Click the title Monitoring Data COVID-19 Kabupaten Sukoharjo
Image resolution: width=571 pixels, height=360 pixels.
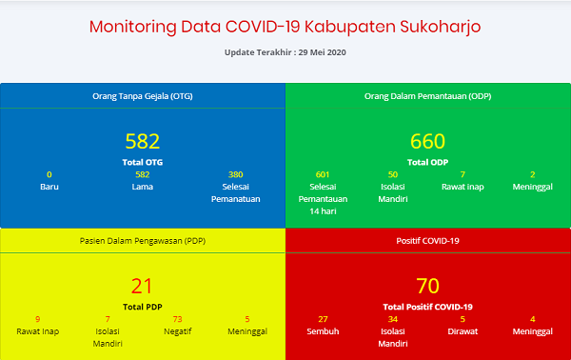[285, 26]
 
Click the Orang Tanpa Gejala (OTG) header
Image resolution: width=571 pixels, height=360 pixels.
[142, 95]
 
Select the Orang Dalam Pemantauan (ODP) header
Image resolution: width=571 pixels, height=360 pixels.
[427, 95]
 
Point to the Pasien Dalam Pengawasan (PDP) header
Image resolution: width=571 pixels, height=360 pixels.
[142, 241]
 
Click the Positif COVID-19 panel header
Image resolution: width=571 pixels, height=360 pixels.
[427, 241]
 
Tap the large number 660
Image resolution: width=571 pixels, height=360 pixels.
[427, 142]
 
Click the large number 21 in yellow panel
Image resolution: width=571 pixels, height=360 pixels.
[142, 286]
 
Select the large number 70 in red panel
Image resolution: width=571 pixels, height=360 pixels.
[427, 286]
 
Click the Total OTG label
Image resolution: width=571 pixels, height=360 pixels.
[142, 162]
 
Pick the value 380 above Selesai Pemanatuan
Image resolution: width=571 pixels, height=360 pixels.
[236, 174]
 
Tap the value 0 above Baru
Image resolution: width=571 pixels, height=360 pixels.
[49, 174]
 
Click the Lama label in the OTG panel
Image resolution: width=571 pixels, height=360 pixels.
[142, 187]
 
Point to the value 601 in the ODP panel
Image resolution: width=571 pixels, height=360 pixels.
[322, 174]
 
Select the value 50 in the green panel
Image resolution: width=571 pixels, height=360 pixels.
[392, 174]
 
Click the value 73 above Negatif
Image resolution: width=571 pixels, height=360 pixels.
[177, 319]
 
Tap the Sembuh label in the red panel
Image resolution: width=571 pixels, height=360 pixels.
[322, 331]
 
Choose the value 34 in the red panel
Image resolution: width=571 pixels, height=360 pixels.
[392, 319]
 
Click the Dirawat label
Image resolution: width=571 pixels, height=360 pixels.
[463, 331]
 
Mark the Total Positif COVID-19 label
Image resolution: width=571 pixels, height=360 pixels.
[427, 307]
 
